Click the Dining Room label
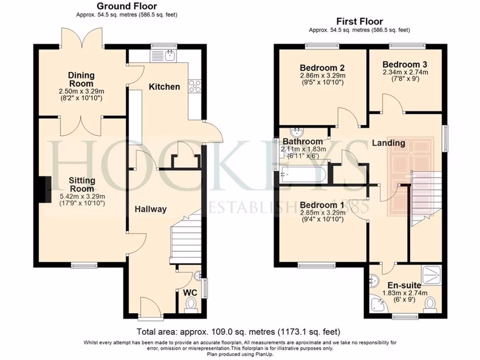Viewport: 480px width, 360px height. (x=81, y=79)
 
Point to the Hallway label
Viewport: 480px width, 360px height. (x=150, y=209)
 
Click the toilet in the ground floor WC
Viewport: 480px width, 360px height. (x=190, y=306)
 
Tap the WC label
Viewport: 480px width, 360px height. (x=190, y=292)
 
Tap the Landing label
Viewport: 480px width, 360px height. (x=389, y=143)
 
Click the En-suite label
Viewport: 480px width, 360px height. (x=404, y=285)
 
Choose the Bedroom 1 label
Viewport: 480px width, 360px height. (x=322, y=205)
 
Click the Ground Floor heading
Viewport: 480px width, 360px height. (x=127, y=6)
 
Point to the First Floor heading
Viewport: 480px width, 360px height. (x=360, y=22)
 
